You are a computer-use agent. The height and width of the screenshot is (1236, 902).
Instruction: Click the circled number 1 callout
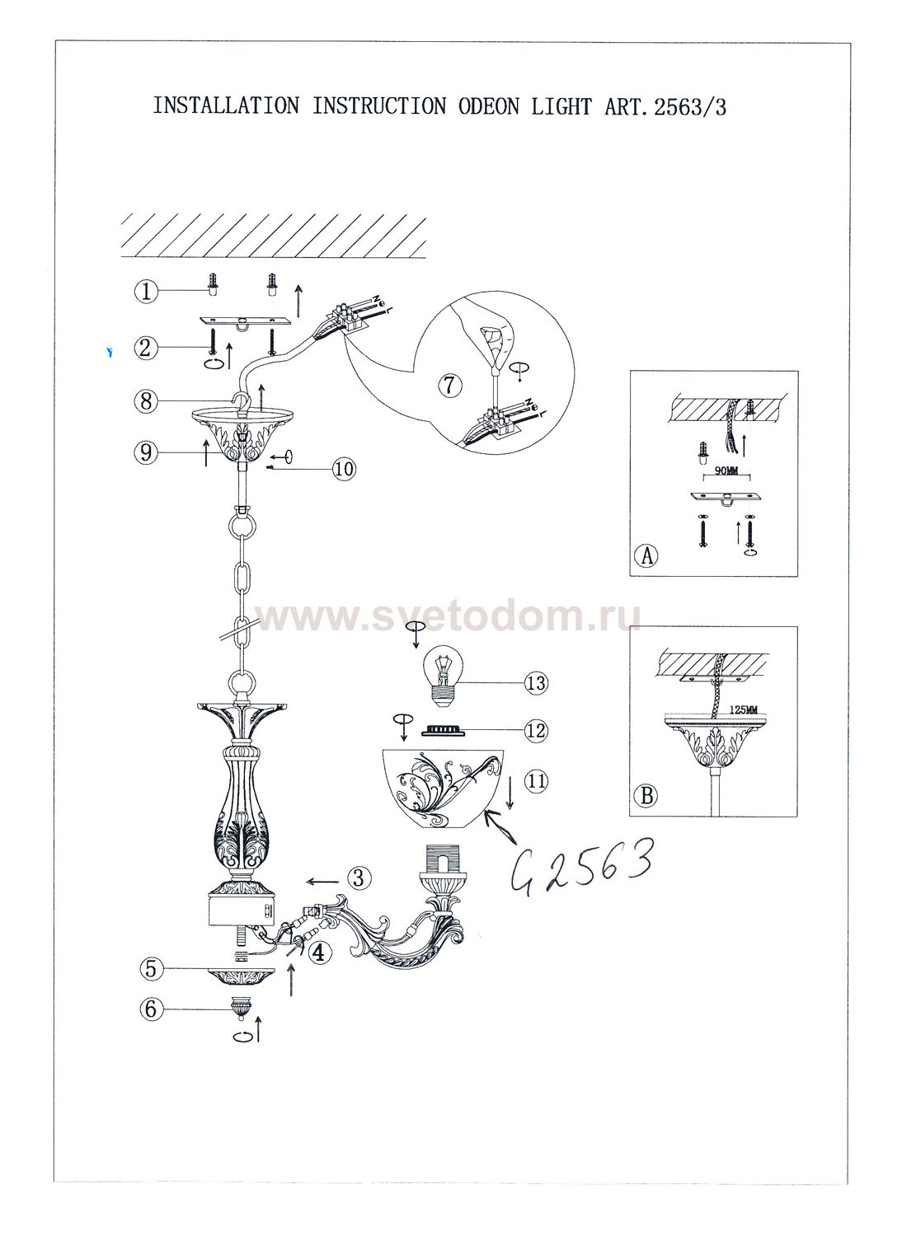[146, 292]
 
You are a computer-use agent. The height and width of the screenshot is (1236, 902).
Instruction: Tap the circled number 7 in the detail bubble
[449, 385]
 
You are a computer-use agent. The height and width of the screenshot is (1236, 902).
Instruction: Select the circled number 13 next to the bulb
[535, 683]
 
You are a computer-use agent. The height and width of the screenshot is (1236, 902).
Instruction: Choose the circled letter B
[647, 795]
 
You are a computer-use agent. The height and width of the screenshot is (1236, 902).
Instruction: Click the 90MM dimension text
[726, 470]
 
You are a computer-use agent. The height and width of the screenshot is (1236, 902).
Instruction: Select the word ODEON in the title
[489, 106]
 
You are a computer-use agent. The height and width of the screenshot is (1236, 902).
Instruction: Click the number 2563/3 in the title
[689, 106]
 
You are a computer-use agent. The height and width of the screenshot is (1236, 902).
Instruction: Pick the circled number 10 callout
[344, 469]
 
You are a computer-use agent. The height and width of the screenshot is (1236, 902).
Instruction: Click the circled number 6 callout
[151, 1009]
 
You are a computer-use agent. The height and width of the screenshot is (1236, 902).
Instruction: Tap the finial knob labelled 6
[240, 1008]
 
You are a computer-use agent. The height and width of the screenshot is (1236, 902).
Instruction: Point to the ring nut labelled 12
[440, 731]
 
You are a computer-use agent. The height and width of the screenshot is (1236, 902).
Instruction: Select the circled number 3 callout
[359, 878]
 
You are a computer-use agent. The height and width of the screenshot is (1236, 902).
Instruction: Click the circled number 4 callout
[320, 953]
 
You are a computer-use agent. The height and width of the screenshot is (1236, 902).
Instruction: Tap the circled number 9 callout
[146, 452]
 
